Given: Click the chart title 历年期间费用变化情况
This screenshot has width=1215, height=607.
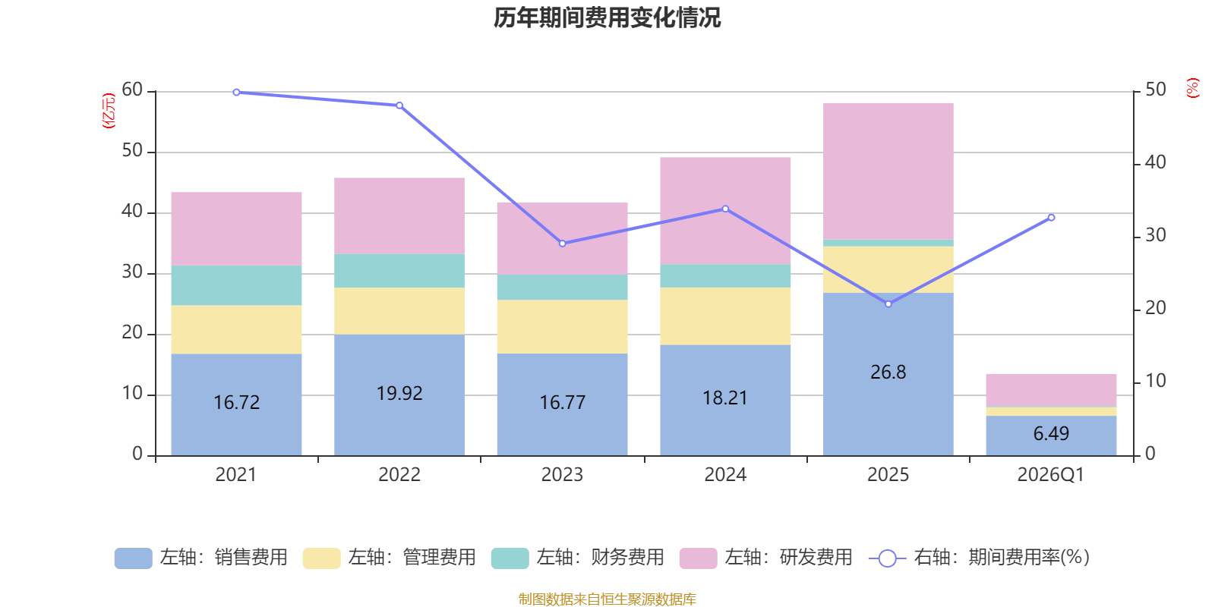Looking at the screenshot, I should pyautogui.click(x=607, y=17).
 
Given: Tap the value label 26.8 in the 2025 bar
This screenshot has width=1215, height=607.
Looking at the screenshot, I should pyautogui.click(x=888, y=373).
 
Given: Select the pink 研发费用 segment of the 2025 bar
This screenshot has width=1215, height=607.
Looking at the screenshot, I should pyautogui.click(x=888, y=171).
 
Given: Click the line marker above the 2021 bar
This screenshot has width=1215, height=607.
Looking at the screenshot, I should pyautogui.click(x=236, y=93).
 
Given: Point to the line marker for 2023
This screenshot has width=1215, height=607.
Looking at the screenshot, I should pyautogui.click(x=562, y=244).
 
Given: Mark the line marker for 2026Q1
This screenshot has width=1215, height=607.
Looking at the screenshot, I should pyautogui.click(x=1051, y=218).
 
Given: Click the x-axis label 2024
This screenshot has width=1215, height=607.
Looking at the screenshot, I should pyautogui.click(x=724, y=475).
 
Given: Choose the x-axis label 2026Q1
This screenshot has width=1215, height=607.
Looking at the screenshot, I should pyautogui.click(x=1050, y=475).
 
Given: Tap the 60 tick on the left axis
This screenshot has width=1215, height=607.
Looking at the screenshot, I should pyautogui.click(x=132, y=90).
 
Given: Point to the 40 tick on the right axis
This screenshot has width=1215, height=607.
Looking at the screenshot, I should pyautogui.click(x=1155, y=162).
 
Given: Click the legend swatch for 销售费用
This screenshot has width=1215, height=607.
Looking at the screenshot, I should pyautogui.click(x=133, y=558).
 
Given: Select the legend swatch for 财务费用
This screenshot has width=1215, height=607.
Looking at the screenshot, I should pyautogui.click(x=510, y=558).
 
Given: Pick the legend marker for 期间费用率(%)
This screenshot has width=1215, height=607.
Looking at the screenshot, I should pyautogui.click(x=887, y=558).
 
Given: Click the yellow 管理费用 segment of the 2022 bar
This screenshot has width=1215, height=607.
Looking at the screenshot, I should pyautogui.click(x=399, y=311).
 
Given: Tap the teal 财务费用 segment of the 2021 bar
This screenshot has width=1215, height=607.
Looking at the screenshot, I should pyautogui.click(x=236, y=285).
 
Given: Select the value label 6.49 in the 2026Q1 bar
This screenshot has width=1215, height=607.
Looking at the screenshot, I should pyautogui.click(x=1051, y=434).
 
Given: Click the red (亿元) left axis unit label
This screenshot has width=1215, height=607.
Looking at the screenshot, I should pyautogui.click(x=109, y=111).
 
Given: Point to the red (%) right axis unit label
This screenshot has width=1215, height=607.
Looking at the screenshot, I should pyautogui.click(x=1193, y=88).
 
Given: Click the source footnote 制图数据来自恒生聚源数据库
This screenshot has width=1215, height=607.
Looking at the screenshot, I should pyautogui.click(x=607, y=599).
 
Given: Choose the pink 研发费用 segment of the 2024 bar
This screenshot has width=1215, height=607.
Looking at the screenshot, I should pyautogui.click(x=724, y=210).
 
